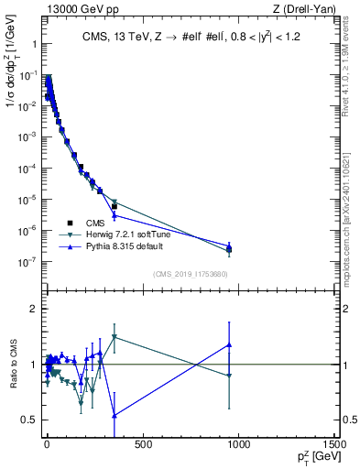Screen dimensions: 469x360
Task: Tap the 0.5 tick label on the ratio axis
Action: tap(29, 420)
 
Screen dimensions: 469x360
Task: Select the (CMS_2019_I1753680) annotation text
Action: tap(190, 274)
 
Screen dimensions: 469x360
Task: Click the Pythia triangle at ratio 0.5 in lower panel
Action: tap(114, 416)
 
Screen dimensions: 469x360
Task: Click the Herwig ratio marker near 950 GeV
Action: tap(229, 376)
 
